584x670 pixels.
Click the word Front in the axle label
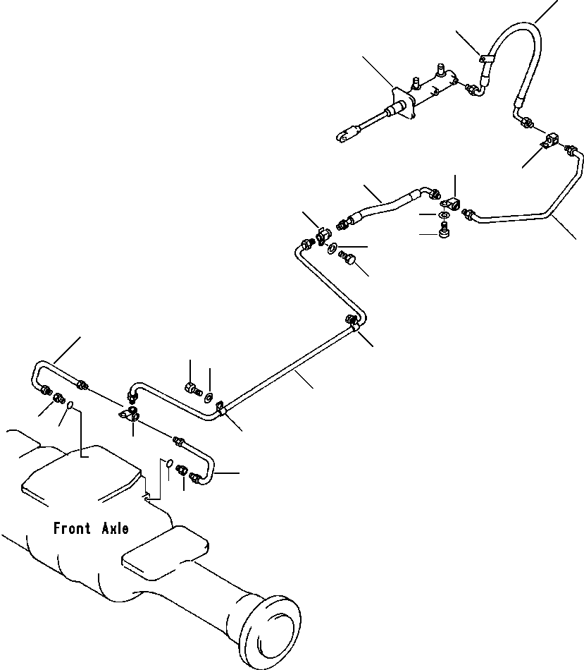click(72, 528)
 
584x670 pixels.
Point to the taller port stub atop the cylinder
click(440, 71)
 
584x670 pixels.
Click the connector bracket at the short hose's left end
click(325, 236)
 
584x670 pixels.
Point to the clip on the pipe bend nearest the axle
click(220, 408)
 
